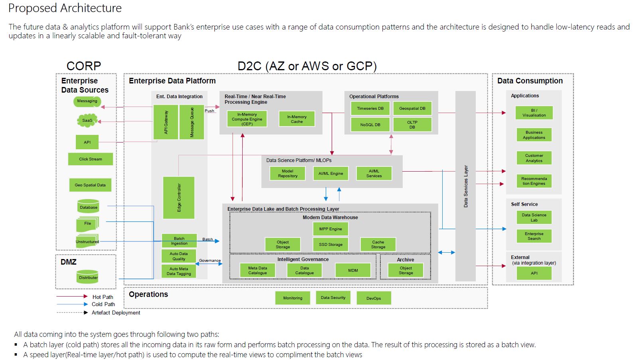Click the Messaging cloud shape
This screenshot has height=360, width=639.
[x=87, y=101]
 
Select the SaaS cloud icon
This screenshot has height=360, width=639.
[x=87, y=121]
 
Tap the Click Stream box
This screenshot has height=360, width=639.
[x=91, y=159]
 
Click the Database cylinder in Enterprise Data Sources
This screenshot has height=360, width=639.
[x=89, y=206]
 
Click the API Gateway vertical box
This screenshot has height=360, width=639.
[x=166, y=122]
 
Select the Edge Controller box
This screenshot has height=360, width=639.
[x=179, y=198]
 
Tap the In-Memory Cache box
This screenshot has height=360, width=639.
[x=297, y=119]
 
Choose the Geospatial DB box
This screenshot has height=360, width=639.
[x=412, y=109]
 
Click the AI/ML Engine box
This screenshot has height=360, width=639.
[x=330, y=174]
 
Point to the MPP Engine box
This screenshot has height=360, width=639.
[x=330, y=229]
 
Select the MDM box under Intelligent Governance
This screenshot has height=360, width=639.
[x=353, y=271]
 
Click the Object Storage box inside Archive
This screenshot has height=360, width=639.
[x=406, y=271]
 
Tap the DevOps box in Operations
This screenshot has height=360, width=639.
[x=374, y=299]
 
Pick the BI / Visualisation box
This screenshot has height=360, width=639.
[x=534, y=113]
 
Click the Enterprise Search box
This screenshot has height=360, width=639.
[x=534, y=236]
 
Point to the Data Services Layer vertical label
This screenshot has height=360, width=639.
[x=465, y=186]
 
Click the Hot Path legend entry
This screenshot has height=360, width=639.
[x=85, y=297]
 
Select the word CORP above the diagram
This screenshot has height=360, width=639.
[x=83, y=66]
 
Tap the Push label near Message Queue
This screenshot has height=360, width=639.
[x=210, y=111]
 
